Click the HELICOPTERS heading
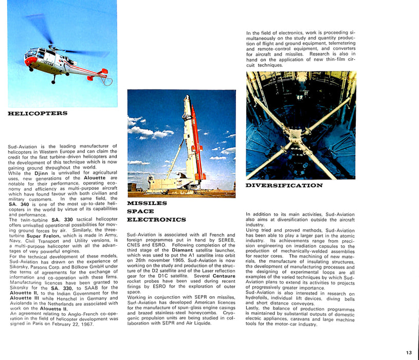pyautogui.click(x=38, y=113)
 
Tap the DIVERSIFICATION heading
pyautogui.click(x=284, y=185)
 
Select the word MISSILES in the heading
pyautogui.click(x=147, y=203)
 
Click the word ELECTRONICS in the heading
pyautogui.click(x=156, y=220)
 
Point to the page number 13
pyautogui.click(x=409, y=352)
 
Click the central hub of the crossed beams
pyautogui.click(x=298, y=136)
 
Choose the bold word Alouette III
pyautogui.click(x=24, y=298)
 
